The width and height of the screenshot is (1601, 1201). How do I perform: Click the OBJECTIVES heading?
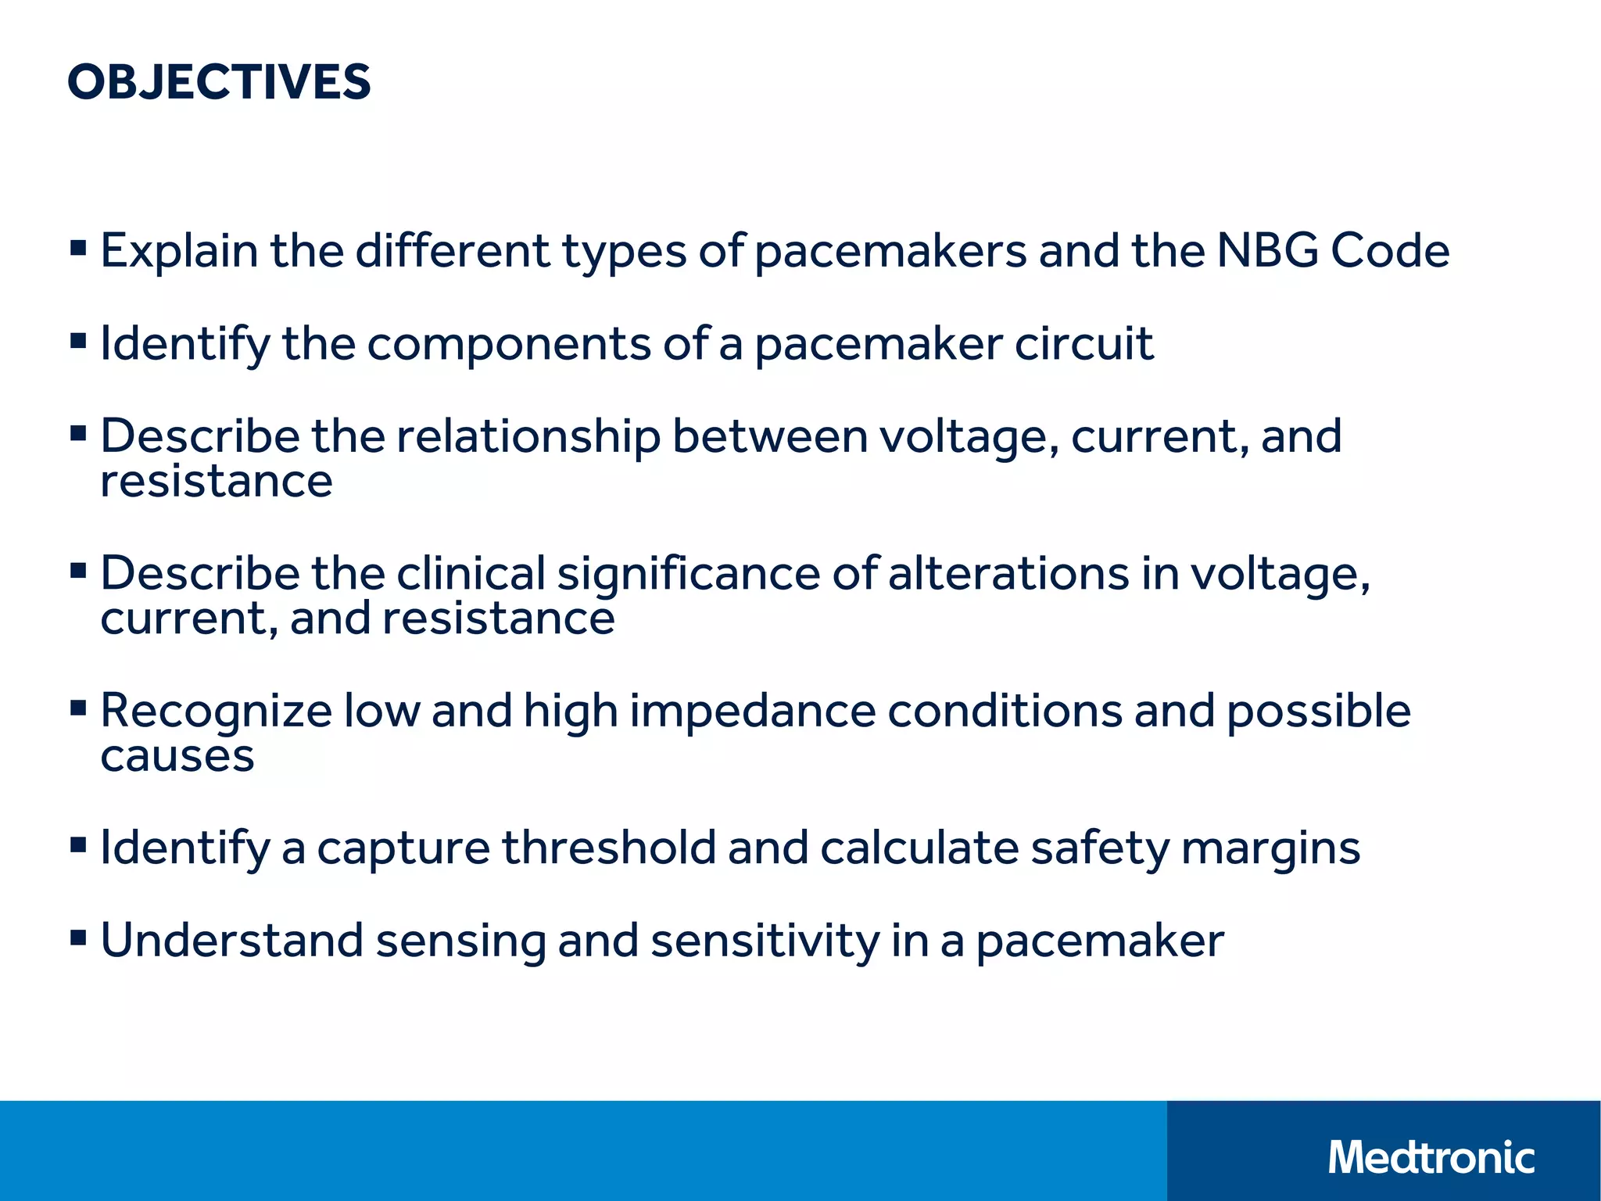pos(219,82)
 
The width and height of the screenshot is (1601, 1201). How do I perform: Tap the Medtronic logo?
pos(1431,1157)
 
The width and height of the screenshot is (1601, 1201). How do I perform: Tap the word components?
pos(508,344)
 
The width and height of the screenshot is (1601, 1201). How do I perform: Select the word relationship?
pos(528,436)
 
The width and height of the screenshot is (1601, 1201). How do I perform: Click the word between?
pos(770,436)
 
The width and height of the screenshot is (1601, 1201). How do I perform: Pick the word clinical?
pos(471,573)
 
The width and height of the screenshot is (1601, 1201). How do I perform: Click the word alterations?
pos(1008,573)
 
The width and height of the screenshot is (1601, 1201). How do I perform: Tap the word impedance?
pos(753,712)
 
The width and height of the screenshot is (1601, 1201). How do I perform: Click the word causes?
pos(177,757)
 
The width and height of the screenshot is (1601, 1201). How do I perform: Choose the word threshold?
pos(608,848)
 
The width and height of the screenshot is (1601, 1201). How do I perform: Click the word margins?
pos(1270,849)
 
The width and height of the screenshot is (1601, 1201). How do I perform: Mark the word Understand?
pos(232,940)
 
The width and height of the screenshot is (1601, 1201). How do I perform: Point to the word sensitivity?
pos(765,941)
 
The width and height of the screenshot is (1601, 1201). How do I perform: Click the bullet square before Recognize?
pos(78,708)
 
